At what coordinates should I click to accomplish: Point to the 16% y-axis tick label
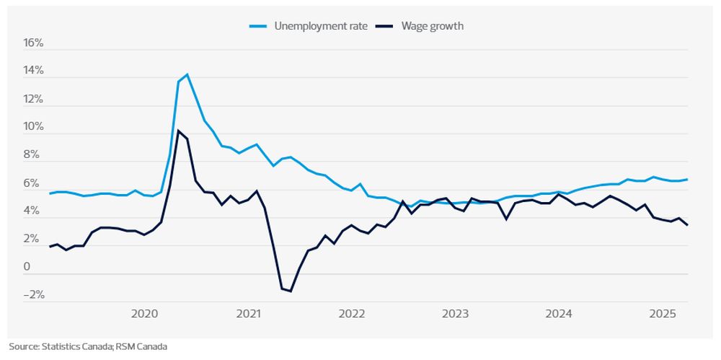point(34,43)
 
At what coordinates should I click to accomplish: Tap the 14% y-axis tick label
point(34,71)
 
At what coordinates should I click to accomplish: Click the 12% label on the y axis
point(34,100)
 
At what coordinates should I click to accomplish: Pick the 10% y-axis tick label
point(34,128)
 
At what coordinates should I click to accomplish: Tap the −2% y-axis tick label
point(34,295)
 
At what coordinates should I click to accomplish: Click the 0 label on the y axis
point(28,268)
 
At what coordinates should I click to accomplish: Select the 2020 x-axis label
point(145,314)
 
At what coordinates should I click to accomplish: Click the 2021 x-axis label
point(249,314)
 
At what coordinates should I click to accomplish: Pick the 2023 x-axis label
point(456,314)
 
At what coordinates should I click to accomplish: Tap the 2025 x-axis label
point(663,314)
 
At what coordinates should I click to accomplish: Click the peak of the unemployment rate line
point(187,74)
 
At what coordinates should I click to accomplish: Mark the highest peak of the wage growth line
point(178,131)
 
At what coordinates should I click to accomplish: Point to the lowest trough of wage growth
point(291,291)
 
